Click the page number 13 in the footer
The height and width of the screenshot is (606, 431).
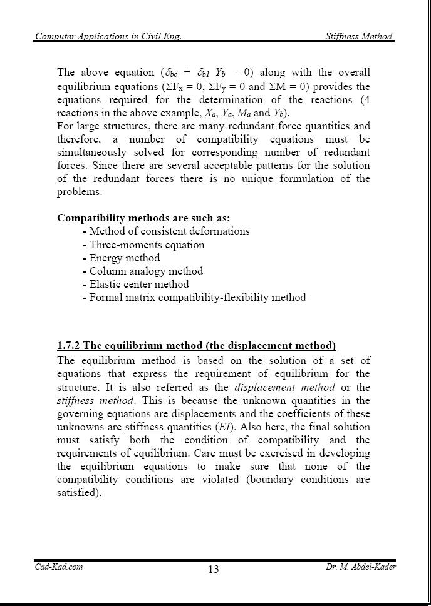pos(213,569)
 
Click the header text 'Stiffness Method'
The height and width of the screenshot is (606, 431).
pos(359,36)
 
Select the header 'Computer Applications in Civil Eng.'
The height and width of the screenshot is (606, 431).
pos(108,36)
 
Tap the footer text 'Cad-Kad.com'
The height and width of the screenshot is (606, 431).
pos(58,567)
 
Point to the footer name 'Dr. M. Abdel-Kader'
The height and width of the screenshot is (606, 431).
pos(361,567)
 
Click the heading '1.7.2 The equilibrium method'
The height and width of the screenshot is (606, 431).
pos(196,345)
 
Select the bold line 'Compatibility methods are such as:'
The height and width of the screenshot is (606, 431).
pos(143,218)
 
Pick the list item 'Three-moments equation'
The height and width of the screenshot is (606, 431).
pos(147,245)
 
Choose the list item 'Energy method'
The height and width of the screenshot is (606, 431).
pos(124,258)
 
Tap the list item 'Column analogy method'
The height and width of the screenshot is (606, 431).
pos(146,271)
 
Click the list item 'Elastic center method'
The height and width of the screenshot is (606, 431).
pos(138,284)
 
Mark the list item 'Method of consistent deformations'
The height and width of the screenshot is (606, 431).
pos(169,231)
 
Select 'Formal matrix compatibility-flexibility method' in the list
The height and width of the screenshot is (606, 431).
pos(197,297)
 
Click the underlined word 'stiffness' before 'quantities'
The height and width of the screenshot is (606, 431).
pos(144,427)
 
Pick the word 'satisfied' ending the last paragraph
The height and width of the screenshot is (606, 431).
pos(78,493)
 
